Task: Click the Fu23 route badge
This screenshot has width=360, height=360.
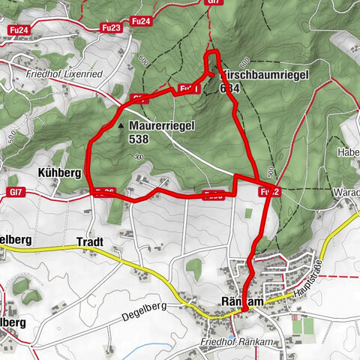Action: pos(111,28)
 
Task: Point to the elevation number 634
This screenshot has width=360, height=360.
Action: pos(230,88)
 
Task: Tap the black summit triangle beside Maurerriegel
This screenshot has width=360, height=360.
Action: pos(121,126)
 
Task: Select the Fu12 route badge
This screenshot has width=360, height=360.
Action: pos(269,192)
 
